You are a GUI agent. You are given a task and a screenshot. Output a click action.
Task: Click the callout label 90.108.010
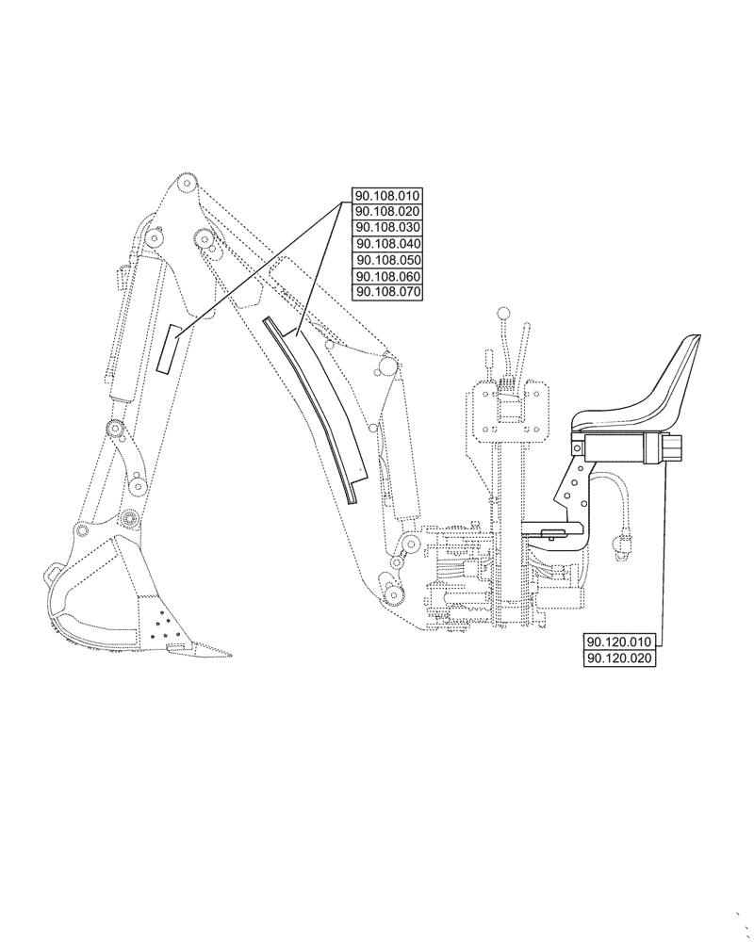point(387,196)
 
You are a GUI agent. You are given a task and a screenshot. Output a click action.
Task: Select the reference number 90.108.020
point(387,211)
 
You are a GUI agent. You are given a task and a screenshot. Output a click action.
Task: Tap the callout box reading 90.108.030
point(387,228)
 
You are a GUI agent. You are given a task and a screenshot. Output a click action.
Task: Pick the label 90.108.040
point(387,244)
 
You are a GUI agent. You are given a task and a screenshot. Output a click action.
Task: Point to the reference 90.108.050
point(387,260)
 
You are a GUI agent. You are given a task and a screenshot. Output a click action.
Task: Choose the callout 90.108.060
point(387,276)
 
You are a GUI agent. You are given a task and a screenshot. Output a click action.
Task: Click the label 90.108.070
point(387,292)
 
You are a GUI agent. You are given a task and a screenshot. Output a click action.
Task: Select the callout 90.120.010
point(619,642)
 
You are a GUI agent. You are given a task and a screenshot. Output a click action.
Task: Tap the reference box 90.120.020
point(619,658)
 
